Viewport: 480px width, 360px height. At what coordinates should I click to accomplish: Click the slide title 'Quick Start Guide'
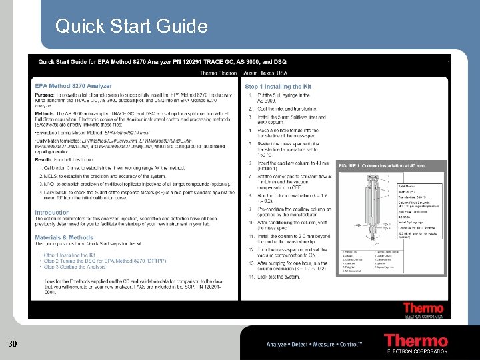pyautogui.click(x=131, y=26)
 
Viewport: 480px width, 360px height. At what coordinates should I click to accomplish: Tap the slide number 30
pyautogui.click(x=12, y=343)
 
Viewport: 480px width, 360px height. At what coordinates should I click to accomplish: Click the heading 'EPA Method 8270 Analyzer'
pyautogui.click(x=73, y=86)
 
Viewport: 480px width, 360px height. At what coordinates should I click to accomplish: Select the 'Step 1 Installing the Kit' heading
pyautogui.click(x=278, y=87)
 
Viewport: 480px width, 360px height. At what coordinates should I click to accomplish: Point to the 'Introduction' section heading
pyautogui.click(x=52, y=213)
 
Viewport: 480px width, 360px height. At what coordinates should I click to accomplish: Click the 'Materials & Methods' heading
pyautogui.click(x=64, y=237)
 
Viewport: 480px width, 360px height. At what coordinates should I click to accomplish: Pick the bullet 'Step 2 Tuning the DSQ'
pyautogui.click(x=100, y=261)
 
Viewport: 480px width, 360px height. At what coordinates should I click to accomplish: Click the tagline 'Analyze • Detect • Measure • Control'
pyautogui.click(x=314, y=344)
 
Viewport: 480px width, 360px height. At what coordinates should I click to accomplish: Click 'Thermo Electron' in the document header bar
pyautogui.click(x=218, y=73)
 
